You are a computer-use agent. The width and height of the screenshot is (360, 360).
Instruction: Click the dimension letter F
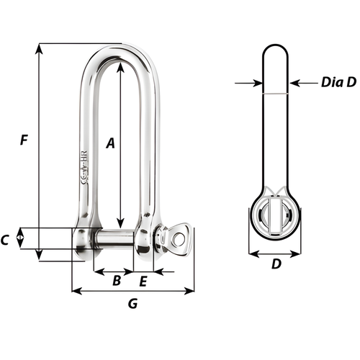(24, 142)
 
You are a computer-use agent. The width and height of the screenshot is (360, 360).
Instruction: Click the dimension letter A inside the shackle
(110, 143)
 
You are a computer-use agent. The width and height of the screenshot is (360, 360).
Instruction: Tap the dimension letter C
(6, 240)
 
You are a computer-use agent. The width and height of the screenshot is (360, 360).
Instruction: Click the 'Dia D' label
(338, 83)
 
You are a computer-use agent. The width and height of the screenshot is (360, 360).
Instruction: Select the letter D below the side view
(275, 264)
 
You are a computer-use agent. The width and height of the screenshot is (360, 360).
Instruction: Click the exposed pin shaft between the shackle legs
(114, 238)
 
